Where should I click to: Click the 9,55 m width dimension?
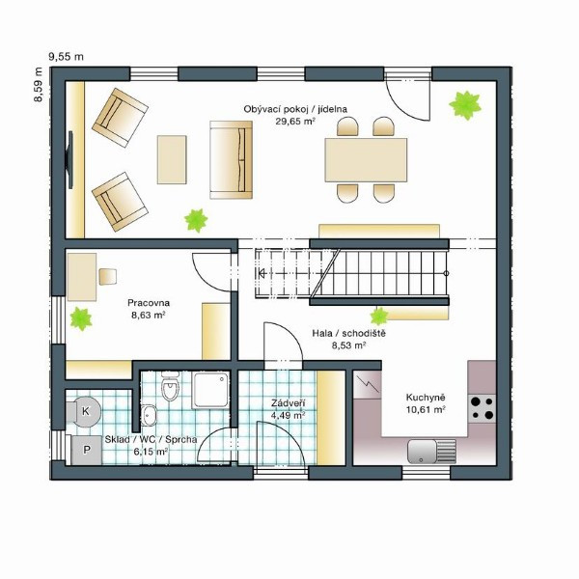[x=66, y=57]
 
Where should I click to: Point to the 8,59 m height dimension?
[x=38, y=84]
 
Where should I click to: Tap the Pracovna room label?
[x=149, y=303]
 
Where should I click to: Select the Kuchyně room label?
[x=426, y=398]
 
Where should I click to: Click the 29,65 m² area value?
[x=295, y=122]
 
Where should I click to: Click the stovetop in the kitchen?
[x=482, y=408]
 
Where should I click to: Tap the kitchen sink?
[x=432, y=452]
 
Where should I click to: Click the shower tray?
[x=210, y=390]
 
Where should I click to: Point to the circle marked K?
[x=86, y=411]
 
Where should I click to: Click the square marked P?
[x=87, y=450]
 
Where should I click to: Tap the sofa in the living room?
[x=232, y=160]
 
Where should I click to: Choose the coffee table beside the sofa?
[x=172, y=159]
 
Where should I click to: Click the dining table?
[x=366, y=160]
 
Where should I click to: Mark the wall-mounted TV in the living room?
[x=69, y=160]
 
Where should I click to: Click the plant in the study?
[x=81, y=318]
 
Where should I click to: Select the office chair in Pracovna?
[x=108, y=277]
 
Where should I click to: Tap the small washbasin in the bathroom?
[x=149, y=415]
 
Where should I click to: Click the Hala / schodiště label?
[x=349, y=333]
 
